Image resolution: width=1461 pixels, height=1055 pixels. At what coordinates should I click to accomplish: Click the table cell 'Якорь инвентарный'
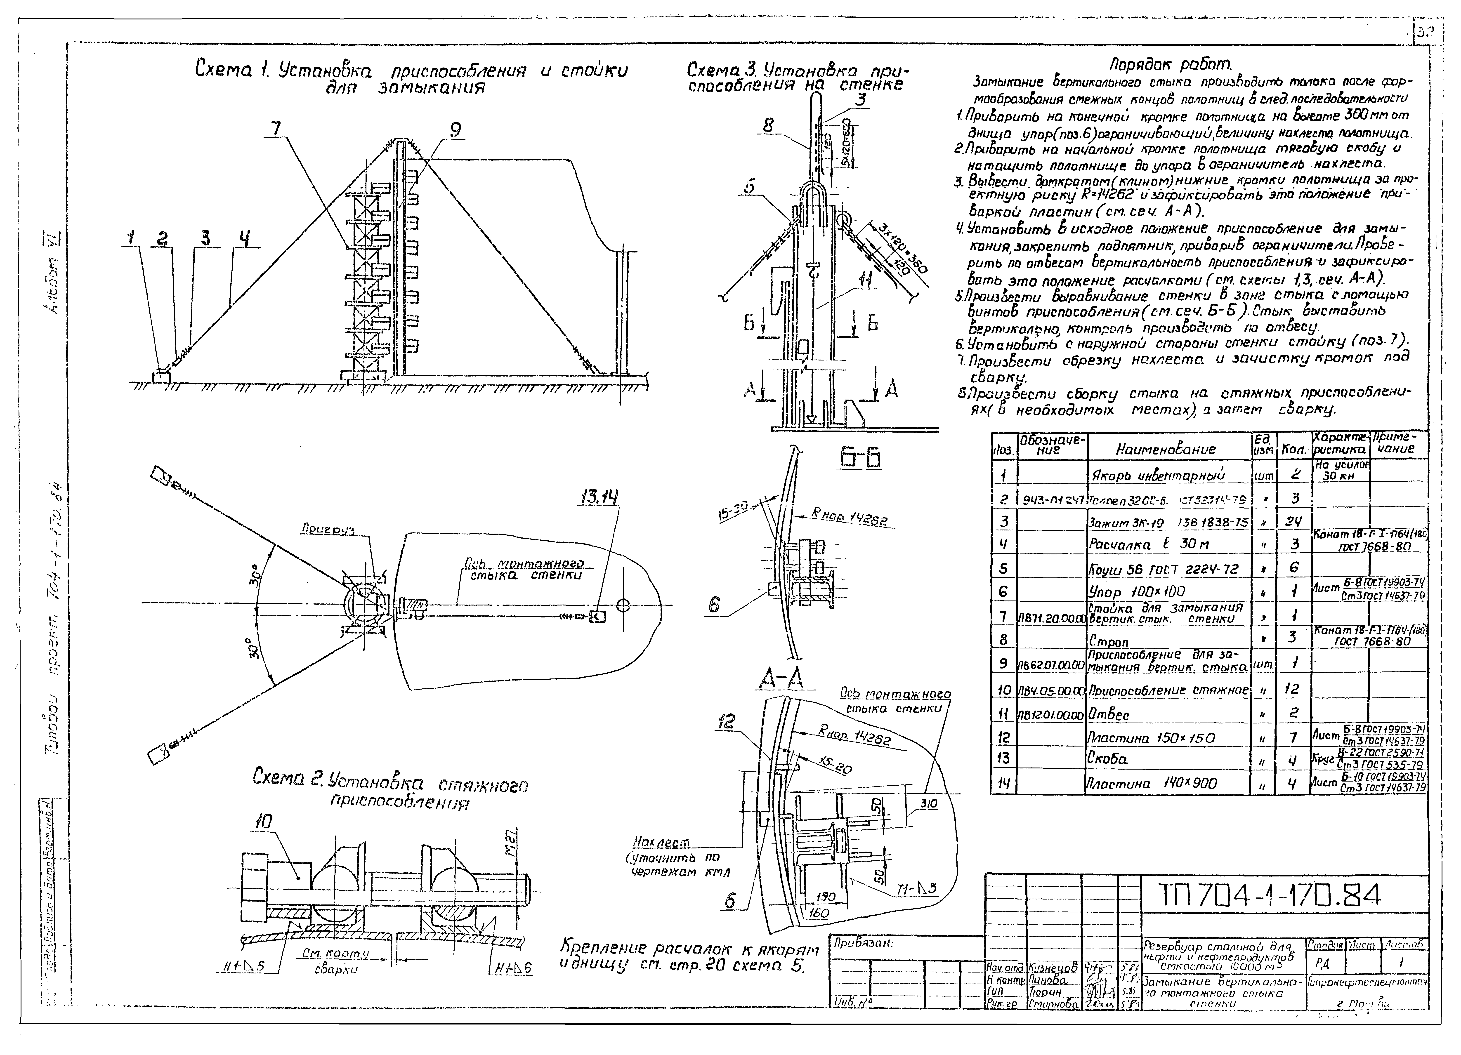point(1158,476)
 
